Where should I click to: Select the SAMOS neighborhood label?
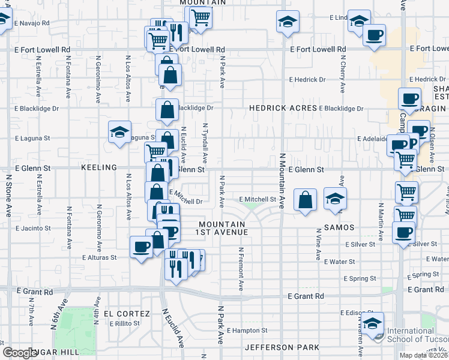339,228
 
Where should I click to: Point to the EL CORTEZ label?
127,314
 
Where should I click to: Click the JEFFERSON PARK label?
277,347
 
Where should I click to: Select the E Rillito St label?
124,323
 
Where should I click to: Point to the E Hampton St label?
247,330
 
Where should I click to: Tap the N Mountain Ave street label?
281,180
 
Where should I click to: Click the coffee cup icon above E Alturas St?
142,246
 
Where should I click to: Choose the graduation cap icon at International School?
373,323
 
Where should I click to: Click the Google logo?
20,353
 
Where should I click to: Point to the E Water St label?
339,262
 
